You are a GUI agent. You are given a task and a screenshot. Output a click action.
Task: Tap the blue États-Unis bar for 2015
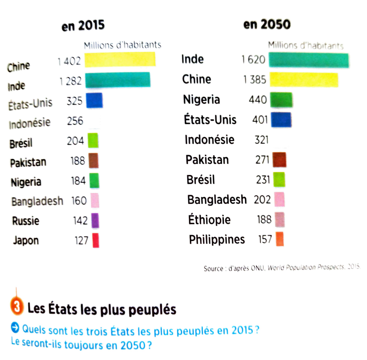coord(94,100)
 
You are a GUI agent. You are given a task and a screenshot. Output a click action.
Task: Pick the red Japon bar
coord(95,240)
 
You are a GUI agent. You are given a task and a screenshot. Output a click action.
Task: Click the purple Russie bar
coord(95,220)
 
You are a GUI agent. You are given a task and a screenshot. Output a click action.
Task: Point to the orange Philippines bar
coord(279,239)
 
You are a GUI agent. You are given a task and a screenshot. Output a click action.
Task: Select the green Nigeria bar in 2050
coord(281,100)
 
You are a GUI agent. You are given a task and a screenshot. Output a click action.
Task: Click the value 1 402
coord(69,61)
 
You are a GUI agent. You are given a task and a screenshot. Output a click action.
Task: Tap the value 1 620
coord(253,59)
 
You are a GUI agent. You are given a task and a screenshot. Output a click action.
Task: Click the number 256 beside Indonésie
coord(75,121)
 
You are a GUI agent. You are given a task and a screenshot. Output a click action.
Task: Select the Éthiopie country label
coord(209,219)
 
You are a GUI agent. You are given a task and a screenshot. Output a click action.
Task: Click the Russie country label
coord(26,221)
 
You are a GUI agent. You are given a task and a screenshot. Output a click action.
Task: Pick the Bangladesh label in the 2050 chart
coord(217,200)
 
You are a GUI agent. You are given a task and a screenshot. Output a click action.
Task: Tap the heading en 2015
coord(83,25)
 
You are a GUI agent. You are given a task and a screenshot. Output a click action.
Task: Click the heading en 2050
coord(267,24)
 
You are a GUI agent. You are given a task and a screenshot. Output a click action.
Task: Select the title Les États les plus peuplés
coord(102,309)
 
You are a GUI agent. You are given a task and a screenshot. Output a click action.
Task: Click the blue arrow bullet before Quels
coord(14,327)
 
